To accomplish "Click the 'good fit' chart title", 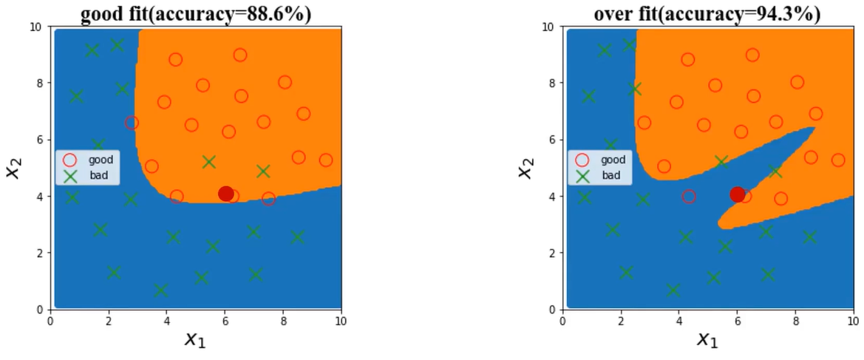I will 194,13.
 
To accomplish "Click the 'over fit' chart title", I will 707,13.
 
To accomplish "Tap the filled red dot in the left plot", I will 226,194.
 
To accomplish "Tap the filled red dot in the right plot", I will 737,194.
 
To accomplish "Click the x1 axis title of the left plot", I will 194,339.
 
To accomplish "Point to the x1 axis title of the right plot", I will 707,339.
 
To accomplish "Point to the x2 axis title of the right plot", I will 524,169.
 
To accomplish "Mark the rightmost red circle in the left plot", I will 326,160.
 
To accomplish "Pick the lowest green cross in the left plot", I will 160,291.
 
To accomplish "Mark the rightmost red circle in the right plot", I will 838,160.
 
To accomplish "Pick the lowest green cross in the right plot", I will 673,291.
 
